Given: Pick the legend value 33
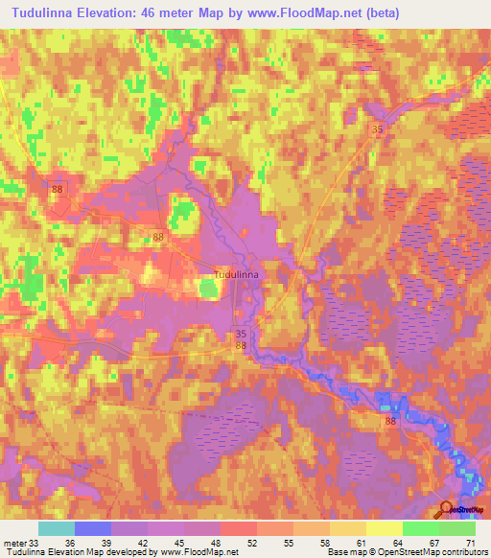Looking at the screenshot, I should [35, 543].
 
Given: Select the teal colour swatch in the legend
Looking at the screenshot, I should [57, 528].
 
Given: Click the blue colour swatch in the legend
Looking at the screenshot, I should [93, 528].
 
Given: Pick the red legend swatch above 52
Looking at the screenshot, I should [238, 528].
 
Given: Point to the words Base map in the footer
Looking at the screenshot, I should [345, 553].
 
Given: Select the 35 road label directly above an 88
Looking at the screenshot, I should [241, 335].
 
